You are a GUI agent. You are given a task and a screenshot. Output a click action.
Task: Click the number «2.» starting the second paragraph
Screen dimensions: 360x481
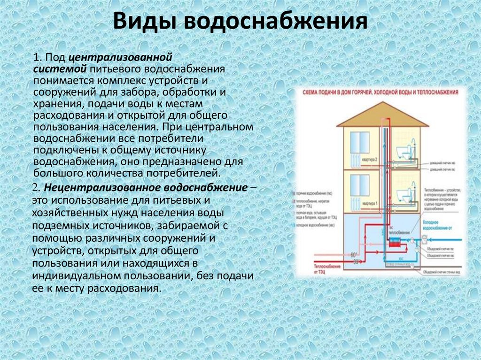point(38,188)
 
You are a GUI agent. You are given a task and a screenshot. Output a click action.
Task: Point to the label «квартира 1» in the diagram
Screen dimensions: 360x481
point(370,204)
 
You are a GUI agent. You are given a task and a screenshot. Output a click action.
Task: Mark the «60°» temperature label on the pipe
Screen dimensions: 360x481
point(354,255)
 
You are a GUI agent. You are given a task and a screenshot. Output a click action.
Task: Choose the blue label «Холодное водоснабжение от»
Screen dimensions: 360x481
point(437,225)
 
